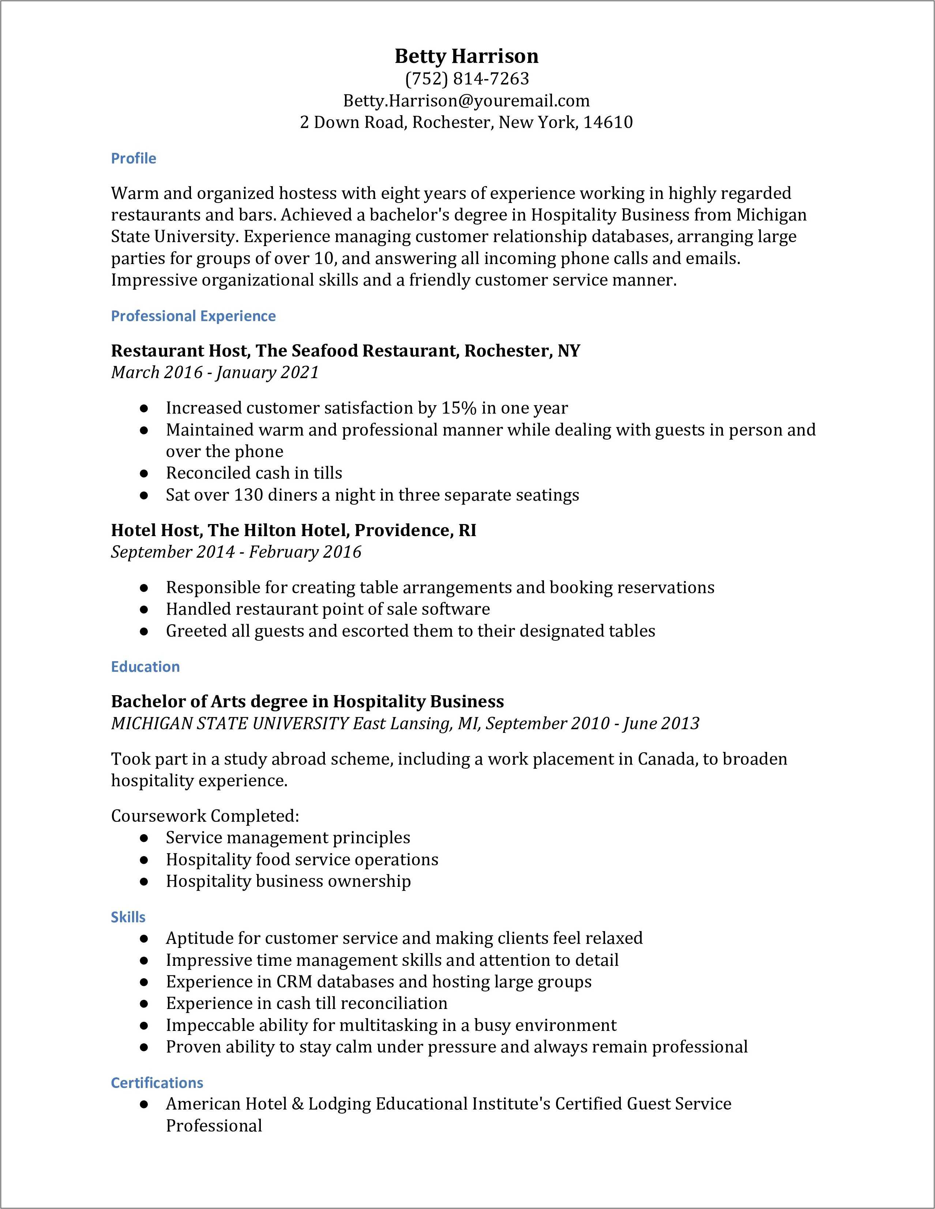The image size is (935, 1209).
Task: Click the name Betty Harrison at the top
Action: tap(467, 56)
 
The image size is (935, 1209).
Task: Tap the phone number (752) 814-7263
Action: tap(467, 79)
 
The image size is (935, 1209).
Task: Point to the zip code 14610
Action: tap(608, 123)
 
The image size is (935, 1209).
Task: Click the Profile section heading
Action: tap(134, 158)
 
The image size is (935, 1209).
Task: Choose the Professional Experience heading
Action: tap(193, 316)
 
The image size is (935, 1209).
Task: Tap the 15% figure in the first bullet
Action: tap(459, 408)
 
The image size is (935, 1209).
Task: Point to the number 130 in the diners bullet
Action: tap(248, 495)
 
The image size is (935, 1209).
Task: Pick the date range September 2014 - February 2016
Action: tap(236, 552)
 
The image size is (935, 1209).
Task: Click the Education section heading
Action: tap(145, 667)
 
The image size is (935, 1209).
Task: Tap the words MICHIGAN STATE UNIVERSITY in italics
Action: tap(230, 723)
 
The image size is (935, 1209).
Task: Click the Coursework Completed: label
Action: tap(205, 816)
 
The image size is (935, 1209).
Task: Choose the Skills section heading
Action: tap(128, 917)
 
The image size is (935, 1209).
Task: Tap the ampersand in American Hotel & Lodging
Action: tap(297, 1104)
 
